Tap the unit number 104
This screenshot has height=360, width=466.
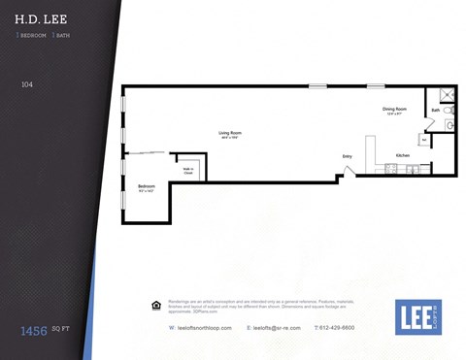click(26, 85)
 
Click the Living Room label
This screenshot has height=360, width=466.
click(229, 133)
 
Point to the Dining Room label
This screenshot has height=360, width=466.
click(395, 109)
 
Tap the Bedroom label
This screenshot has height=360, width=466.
click(147, 186)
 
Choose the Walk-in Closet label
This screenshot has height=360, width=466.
click(188, 171)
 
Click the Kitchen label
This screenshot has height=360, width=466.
click(402, 155)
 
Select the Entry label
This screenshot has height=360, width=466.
click(347, 156)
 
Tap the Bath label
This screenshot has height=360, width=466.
click(436, 111)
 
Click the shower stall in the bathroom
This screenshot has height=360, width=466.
click(447, 95)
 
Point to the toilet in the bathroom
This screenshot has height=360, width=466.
click(449, 124)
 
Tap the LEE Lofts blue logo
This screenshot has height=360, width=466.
click(417, 316)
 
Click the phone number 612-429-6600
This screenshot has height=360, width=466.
click(337, 328)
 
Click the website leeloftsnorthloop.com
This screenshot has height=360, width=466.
click(203, 328)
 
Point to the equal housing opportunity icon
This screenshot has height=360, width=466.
click(157, 305)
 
